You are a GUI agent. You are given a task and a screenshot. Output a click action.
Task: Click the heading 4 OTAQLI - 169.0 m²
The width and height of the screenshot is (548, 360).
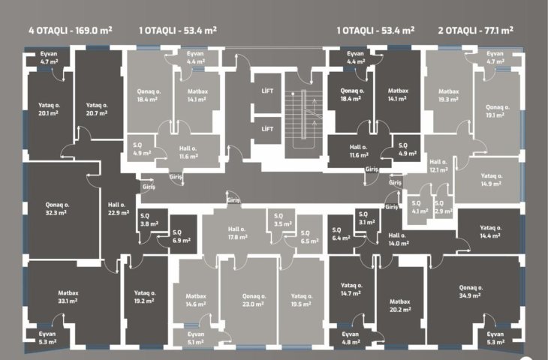pyautogui.click(x=71, y=31)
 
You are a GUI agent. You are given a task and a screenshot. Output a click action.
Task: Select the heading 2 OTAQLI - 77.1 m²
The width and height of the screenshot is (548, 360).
pyautogui.click(x=476, y=31)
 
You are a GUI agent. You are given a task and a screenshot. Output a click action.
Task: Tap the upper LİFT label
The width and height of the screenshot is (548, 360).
pyautogui.click(x=267, y=91)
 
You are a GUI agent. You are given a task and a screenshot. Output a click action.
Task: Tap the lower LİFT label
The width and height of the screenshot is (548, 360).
pyautogui.click(x=267, y=129)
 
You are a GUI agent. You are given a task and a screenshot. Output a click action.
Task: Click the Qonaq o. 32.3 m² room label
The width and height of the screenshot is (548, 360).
pyautogui.click(x=57, y=208)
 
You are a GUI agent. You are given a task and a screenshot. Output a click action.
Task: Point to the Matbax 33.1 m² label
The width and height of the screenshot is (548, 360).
pyautogui.click(x=68, y=297)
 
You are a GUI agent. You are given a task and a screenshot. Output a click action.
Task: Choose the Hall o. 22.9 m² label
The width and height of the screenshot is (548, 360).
pyautogui.click(x=119, y=208)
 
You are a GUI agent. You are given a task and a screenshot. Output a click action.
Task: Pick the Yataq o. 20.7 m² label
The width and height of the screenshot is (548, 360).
pyautogui.click(x=97, y=109)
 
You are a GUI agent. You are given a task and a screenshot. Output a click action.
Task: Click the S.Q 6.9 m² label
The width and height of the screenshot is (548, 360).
pyautogui.click(x=182, y=236)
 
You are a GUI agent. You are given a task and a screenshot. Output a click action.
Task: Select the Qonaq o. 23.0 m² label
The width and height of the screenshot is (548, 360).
pyautogui.click(x=254, y=300)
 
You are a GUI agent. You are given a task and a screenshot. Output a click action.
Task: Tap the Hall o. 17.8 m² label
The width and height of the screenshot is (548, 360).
pyautogui.click(x=238, y=233)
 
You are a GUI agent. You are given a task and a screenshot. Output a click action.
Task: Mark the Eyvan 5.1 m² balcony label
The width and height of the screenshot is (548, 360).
pyautogui.click(x=196, y=338)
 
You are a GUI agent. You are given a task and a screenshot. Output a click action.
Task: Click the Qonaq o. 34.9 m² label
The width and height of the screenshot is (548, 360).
pyautogui.click(x=471, y=292)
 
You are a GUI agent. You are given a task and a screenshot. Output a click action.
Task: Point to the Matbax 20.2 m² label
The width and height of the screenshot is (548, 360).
pyautogui.click(x=400, y=305)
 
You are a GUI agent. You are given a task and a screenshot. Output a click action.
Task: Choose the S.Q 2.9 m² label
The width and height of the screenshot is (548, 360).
pyautogui.click(x=443, y=207)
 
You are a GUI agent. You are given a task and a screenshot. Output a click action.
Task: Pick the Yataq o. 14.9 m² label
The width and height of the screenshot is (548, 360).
pyautogui.click(x=492, y=180)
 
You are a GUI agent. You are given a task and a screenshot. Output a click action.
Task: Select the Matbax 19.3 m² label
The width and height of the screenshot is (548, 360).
pyautogui.click(x=449, y=95)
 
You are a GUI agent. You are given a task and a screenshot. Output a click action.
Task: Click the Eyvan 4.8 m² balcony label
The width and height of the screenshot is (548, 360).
pyautogui.click(x=351, y=338)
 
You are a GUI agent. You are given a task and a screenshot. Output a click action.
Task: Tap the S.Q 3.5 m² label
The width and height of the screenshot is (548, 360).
pyautogui.click(x=283, y=220)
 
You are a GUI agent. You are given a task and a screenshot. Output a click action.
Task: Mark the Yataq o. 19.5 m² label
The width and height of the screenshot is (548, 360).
pyautogui.click(x=302, y=300)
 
